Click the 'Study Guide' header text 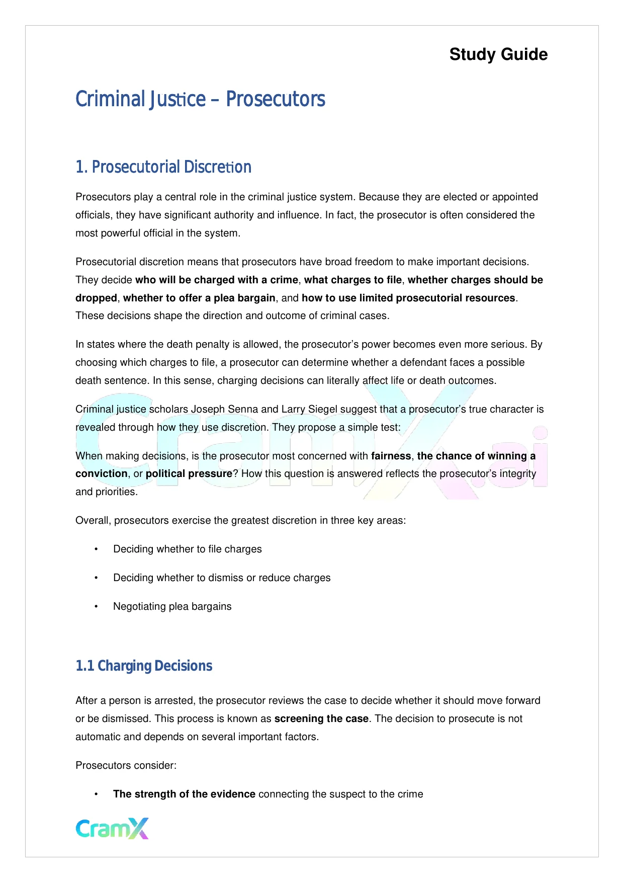tap(498, 54)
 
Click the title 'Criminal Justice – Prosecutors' tap(200, 99)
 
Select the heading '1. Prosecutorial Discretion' tap(163, 167)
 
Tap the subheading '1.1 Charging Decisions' tap(144, 666)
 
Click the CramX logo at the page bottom tap(112, 828)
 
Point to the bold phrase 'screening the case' tap(321, 718)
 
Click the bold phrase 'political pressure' tap(189, 473)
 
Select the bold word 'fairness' tap(391, 456)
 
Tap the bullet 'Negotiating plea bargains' tap(172, 606)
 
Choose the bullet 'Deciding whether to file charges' tap(187, 549)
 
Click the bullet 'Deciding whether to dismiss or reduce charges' tap(222, 578)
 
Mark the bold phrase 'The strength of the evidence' tap(184, 794)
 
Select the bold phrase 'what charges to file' tap(352, 280)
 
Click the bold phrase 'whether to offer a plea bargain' tap(199, 298)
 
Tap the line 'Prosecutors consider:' tap(126, 765)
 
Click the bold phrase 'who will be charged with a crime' tap(216, 280)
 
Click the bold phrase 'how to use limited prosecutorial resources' tap(408, 298)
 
